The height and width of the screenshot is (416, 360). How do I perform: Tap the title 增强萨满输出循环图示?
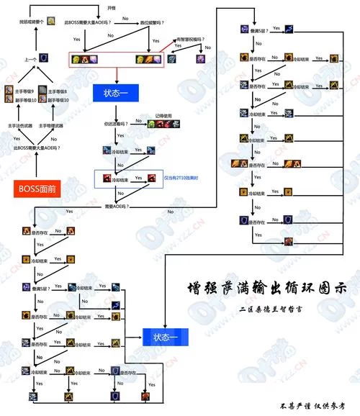click(276, 286)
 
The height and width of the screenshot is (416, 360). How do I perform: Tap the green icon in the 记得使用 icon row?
click(151, 124)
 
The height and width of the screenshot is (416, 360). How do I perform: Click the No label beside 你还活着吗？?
click(137, 119)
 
